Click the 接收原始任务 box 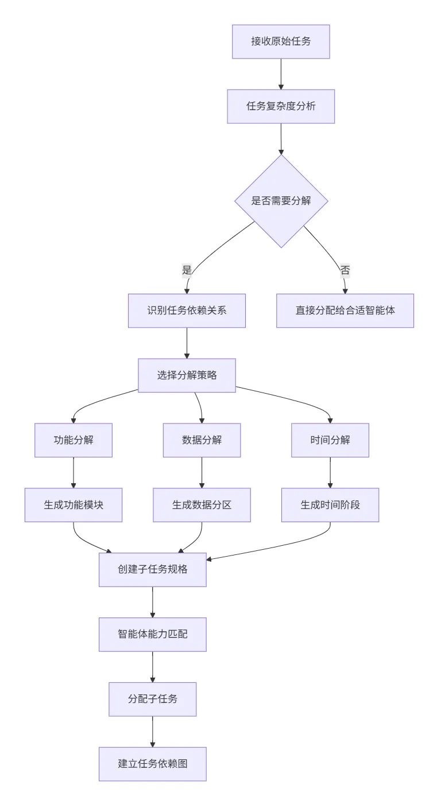(x=281, y=41)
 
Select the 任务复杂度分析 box (x=281, y=106)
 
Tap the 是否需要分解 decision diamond (x=281, y=201)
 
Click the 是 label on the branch (x=187, y=270)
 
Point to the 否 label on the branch (x=345, y=270)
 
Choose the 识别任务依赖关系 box (x=187, y=310)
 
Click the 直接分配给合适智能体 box (x=345, y=310)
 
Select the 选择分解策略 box (x=187, y=375)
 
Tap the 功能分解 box (x=73, y=440)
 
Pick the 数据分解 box (x=202, y=440)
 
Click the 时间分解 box (x=330, y=440)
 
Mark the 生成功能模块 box (x=73, y=505)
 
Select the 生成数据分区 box (x=202, y=505)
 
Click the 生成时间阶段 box (x=330, y=505)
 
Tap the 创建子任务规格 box (x=152, y=570)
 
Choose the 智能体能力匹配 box (x=152, y=635)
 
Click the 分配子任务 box (x=152, y=699)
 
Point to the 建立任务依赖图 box (x=152, y=764)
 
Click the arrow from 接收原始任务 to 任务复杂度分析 (x=281, y=73)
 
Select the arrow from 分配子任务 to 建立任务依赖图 (x=152, y=731)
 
